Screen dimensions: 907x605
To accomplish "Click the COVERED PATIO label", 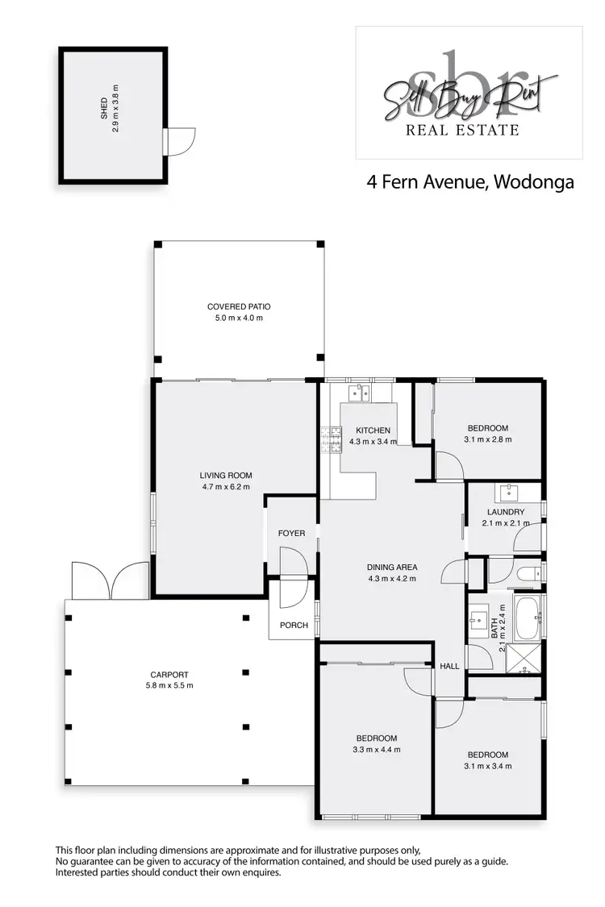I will pos(238,306).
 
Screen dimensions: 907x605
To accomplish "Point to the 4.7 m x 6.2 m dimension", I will pos(226,487).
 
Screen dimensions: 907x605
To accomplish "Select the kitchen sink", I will pos(359,393).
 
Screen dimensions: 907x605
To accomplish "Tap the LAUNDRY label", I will pos(506,512).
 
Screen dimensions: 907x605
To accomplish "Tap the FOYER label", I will pos(291,534).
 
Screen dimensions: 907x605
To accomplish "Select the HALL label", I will pos(449,666).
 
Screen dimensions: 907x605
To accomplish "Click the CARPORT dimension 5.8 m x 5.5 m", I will pos(171,686).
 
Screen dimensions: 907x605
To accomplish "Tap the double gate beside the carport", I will pos(109,580).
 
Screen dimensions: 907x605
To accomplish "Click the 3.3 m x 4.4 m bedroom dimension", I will pos(377,749).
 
